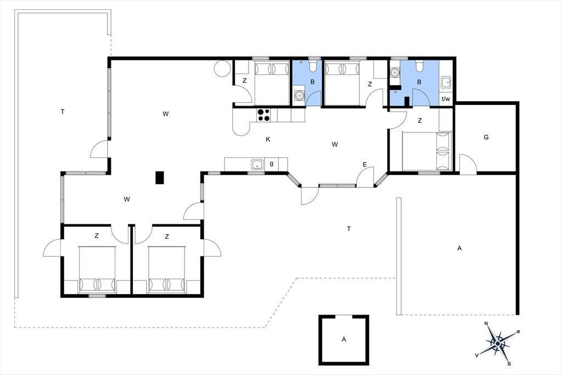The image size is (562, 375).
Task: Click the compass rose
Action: tap(497, 344)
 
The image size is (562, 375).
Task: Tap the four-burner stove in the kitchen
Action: tap(263, 115)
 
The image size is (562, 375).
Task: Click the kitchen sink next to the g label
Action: tap(257, 164)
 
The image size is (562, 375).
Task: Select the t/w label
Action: tap(446, 99)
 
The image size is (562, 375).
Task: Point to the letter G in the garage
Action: tap(486, 137)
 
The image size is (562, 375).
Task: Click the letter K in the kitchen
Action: tap(268, 139)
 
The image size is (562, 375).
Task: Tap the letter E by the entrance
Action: tap(364, 165)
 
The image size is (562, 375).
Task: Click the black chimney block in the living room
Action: tap(160, 178)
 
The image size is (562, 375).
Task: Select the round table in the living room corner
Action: tap(222, 68)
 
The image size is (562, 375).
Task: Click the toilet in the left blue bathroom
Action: tap(312, 66)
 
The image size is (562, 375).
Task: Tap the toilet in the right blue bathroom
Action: tap(419, 65)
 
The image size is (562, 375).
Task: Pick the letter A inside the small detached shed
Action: tap(344, 339)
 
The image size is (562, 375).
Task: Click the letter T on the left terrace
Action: tap(63, 112)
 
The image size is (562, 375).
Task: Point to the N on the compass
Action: tap(486, 324)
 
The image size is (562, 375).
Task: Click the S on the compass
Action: tap(509, 364)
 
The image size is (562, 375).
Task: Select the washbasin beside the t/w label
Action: tap(446, 82)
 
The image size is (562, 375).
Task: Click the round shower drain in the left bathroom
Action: tap(299, 96)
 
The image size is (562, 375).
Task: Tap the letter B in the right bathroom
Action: tap(419, 82)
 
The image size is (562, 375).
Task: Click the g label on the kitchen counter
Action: tap(271, 164)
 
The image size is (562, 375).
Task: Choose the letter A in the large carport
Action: tap(459, 248)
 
